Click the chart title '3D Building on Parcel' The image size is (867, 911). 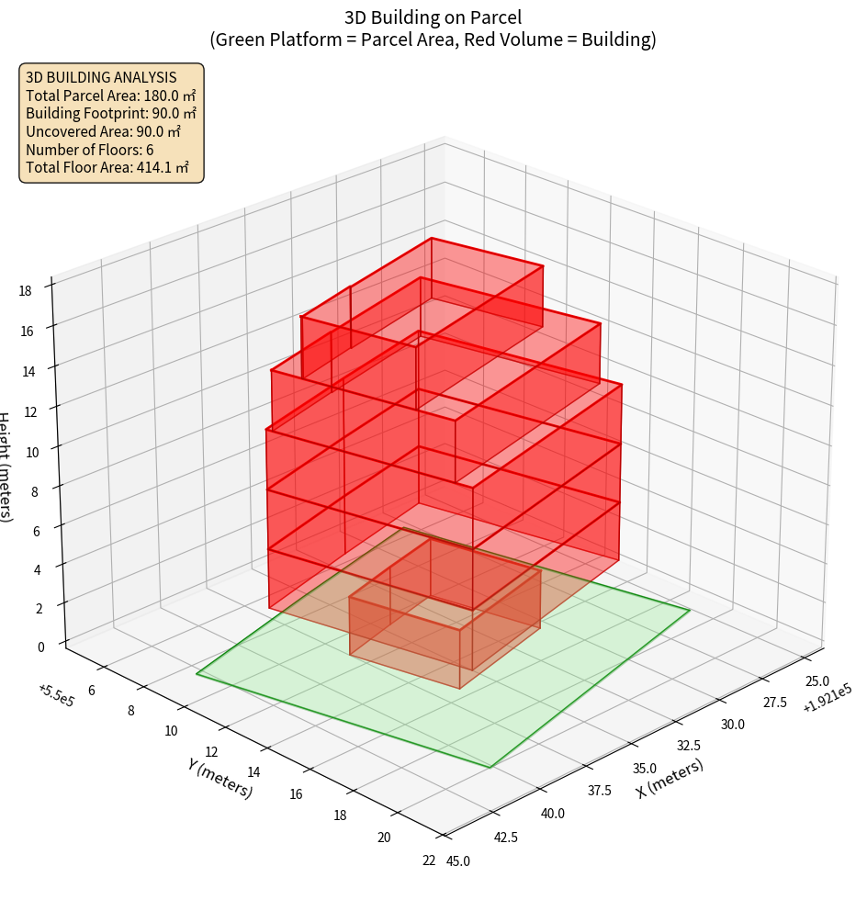[433, 17]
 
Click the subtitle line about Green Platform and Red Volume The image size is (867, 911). [433, 39]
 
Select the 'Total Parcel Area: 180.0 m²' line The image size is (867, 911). [110, 96]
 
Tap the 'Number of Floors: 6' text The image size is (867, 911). [90, 150]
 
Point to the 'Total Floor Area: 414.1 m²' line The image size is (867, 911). [107, 167]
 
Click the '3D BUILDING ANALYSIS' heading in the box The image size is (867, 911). [101, 77]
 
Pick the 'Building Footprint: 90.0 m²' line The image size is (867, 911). [111, 114]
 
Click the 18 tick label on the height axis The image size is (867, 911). [25, 291]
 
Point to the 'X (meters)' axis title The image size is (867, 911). [670, 779]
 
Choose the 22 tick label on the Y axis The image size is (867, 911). [429, 860]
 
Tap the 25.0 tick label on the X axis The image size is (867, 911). [816, 680]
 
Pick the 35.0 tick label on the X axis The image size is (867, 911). [644, 768]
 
